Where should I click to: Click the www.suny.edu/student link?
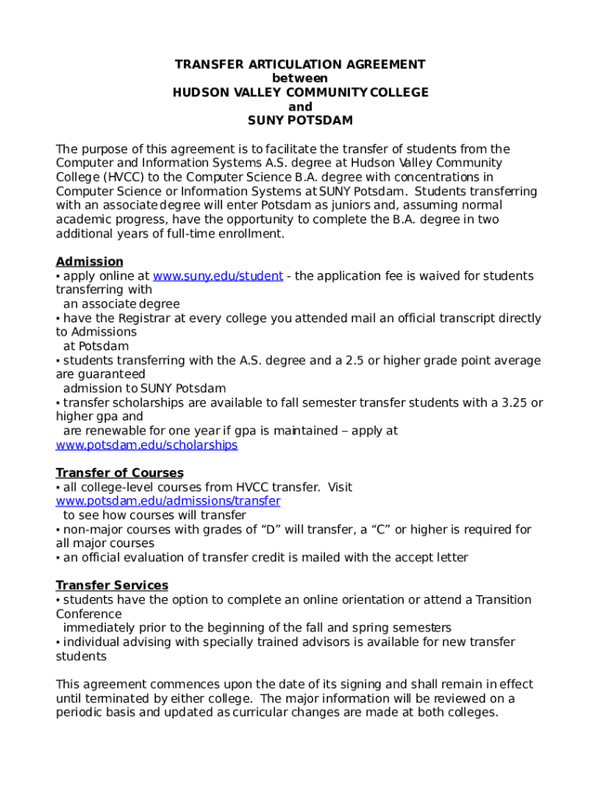click(217, 276)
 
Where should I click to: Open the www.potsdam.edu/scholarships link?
click(146, 445)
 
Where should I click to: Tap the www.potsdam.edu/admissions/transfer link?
click(168, 501)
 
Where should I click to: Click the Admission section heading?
click(89, 262)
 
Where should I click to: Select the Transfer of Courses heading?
click(119, 473)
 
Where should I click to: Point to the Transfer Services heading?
click(111, 585)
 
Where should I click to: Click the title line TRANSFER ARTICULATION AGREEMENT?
click(300, 65)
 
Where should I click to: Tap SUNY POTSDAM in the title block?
click(300, 121)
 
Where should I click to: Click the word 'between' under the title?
click(300, 79)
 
